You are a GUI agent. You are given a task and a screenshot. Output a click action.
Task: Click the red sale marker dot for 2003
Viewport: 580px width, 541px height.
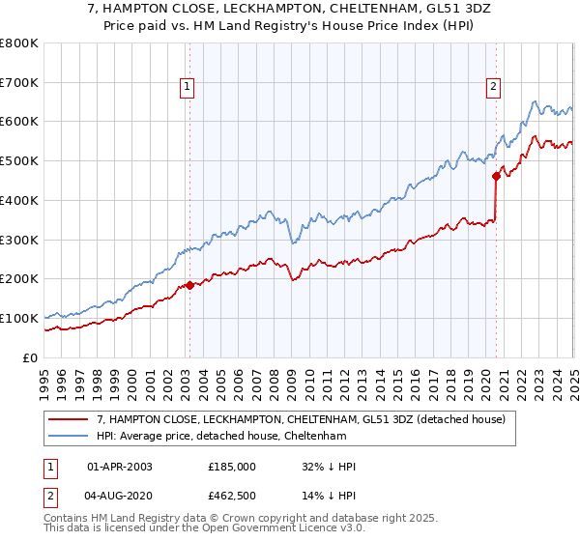click(x=189, y=285)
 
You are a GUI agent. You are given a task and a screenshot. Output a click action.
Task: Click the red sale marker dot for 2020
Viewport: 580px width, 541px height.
click(x=496, y=176)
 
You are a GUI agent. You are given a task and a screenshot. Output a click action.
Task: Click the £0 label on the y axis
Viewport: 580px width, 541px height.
click(x=30, y=357)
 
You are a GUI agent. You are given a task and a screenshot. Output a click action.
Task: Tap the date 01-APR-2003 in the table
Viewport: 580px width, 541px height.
click(x=119, y=467)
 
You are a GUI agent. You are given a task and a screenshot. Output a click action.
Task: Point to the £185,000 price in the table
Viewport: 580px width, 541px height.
click(x=232, y=467)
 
